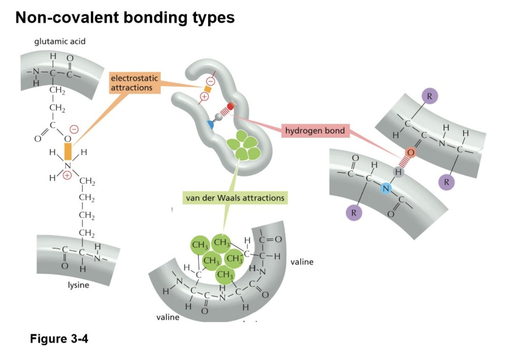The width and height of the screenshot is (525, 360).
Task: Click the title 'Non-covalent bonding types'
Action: point(125,18)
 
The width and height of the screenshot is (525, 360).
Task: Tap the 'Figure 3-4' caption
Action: point(59,339)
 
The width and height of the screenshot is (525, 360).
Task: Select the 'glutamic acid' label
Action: point(60,42)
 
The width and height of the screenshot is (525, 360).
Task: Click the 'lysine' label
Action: point(78,285)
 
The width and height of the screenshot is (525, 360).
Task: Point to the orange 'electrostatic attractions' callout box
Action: point(134,83)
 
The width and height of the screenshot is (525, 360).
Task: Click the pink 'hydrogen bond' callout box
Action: point(315,131)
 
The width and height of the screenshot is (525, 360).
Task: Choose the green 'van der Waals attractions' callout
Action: point(235,198)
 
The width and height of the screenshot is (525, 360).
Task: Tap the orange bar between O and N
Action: point(68,152)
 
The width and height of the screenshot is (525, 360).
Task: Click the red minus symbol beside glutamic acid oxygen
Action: point(74,130)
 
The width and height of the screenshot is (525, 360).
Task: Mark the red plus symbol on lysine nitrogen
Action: point(67,176)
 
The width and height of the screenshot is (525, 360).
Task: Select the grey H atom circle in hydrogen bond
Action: point(398,172)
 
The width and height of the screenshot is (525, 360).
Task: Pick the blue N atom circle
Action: point(386,189)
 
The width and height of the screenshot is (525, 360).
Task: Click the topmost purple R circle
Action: point(429,96)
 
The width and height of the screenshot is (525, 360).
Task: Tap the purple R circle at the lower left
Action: point(354,213)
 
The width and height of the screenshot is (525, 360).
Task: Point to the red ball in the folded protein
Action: point(231,106)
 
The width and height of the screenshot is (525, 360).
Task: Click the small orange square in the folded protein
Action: point(208,90)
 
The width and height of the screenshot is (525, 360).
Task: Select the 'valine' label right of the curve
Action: point(302,262)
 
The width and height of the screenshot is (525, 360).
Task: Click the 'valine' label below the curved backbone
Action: point(168,317)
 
